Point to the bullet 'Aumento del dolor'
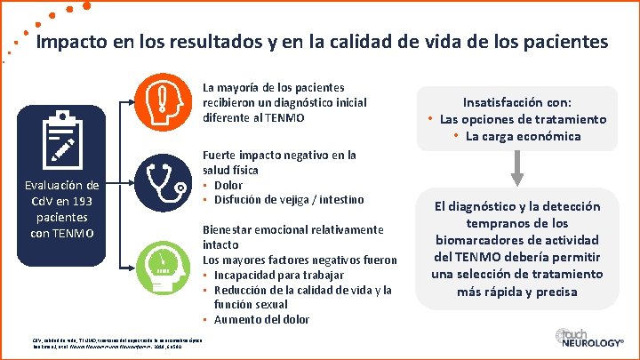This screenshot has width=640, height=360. (x=258, y=319)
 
